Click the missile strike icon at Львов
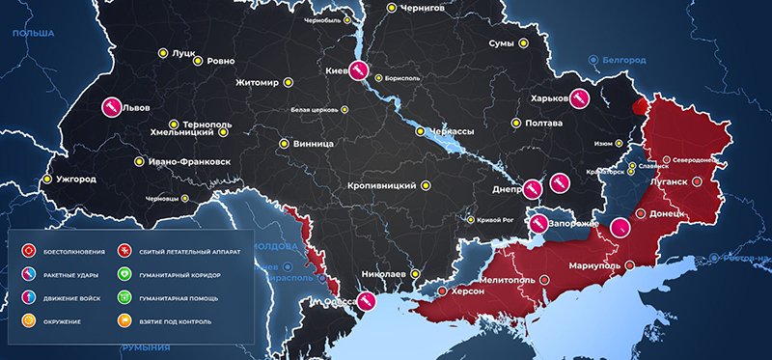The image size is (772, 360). (111, 106)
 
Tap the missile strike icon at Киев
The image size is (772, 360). (358, 69)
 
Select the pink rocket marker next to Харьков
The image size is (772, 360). (578, 97)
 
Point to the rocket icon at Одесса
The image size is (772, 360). (367, 302)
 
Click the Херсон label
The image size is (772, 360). (470, 291)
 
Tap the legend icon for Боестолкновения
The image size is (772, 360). (29, 251)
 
